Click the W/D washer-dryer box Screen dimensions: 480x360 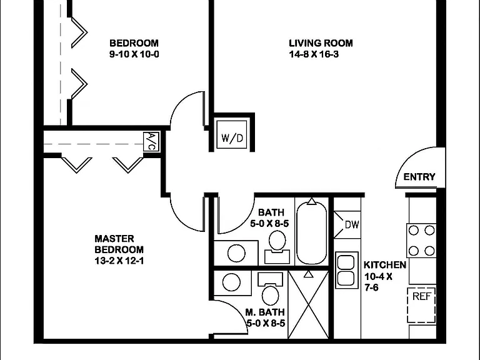tap(232, 135)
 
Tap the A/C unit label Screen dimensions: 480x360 tap(151, 141)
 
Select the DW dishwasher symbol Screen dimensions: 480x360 tap(347, 225)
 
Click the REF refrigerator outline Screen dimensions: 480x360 tap(421, 305)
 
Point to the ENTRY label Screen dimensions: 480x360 tap(419, 177)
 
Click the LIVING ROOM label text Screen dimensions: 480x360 tap(321, 43)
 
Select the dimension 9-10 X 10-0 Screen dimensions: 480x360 tap(134, 54)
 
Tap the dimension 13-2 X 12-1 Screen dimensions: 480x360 tap(119, 261)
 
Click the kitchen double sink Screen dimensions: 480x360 tap(347, 270)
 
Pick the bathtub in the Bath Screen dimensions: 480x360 tap(312, 232)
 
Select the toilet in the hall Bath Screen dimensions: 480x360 tap(277, 247)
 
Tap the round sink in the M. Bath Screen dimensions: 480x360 tap(231, 282)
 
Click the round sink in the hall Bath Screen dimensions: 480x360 tap(236, 254)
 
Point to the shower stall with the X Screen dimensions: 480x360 tap(309, 304)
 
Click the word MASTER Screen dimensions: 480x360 tap(114, 239)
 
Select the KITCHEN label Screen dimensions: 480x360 tap(385, 265)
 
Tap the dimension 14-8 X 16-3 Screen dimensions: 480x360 tap(314, 54)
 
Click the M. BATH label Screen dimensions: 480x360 tap(265, 312)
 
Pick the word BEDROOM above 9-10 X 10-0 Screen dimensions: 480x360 tap(134, 43)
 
